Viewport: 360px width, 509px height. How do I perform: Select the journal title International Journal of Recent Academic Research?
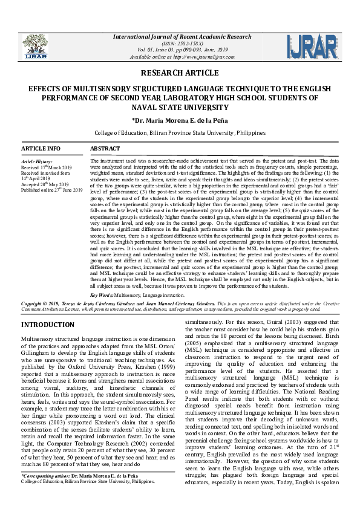[179, 37]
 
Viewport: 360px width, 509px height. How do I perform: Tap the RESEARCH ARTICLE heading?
[180, 73]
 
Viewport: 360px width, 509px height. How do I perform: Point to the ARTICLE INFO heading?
[41, 149]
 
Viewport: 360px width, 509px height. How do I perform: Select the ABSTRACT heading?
[105, 149]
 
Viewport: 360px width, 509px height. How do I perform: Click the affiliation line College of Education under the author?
[180, 132]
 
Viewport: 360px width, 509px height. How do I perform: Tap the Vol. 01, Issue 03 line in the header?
[179, 50]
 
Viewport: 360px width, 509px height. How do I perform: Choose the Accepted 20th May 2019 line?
[45, 184]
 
